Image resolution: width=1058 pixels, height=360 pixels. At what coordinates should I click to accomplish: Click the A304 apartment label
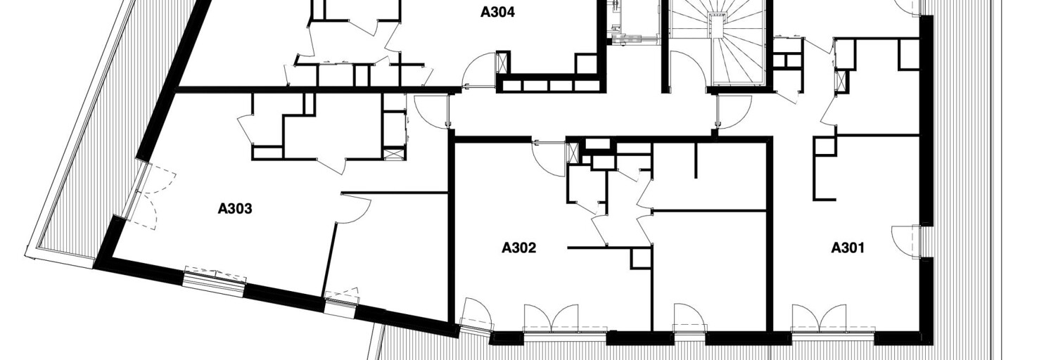pyautogui.click(x=497, y=12)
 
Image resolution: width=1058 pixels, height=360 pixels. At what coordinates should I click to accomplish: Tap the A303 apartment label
pyautogui.click(x=235, y=209)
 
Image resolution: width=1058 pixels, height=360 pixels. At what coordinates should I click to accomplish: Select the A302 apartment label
pyautogui.click(x=518, y=247)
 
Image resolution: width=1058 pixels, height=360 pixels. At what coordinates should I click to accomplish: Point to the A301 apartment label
pyautogui.click(x=848, y=247)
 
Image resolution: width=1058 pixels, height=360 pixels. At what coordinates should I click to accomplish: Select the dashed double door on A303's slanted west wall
pyautogui.click(x=151, y=195)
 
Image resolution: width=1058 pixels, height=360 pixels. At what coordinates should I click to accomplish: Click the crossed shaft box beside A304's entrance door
pyautogui.click(x=502, y=63)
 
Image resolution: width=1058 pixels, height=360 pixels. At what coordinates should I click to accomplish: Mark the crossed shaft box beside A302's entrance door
pyautogui.click(x=572, y=153)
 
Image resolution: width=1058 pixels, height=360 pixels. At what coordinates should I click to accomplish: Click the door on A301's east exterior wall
pyautogui.click(x=905, y=241)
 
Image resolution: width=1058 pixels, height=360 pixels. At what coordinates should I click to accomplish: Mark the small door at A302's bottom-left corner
pyautogui.click(x=476, y=314)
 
